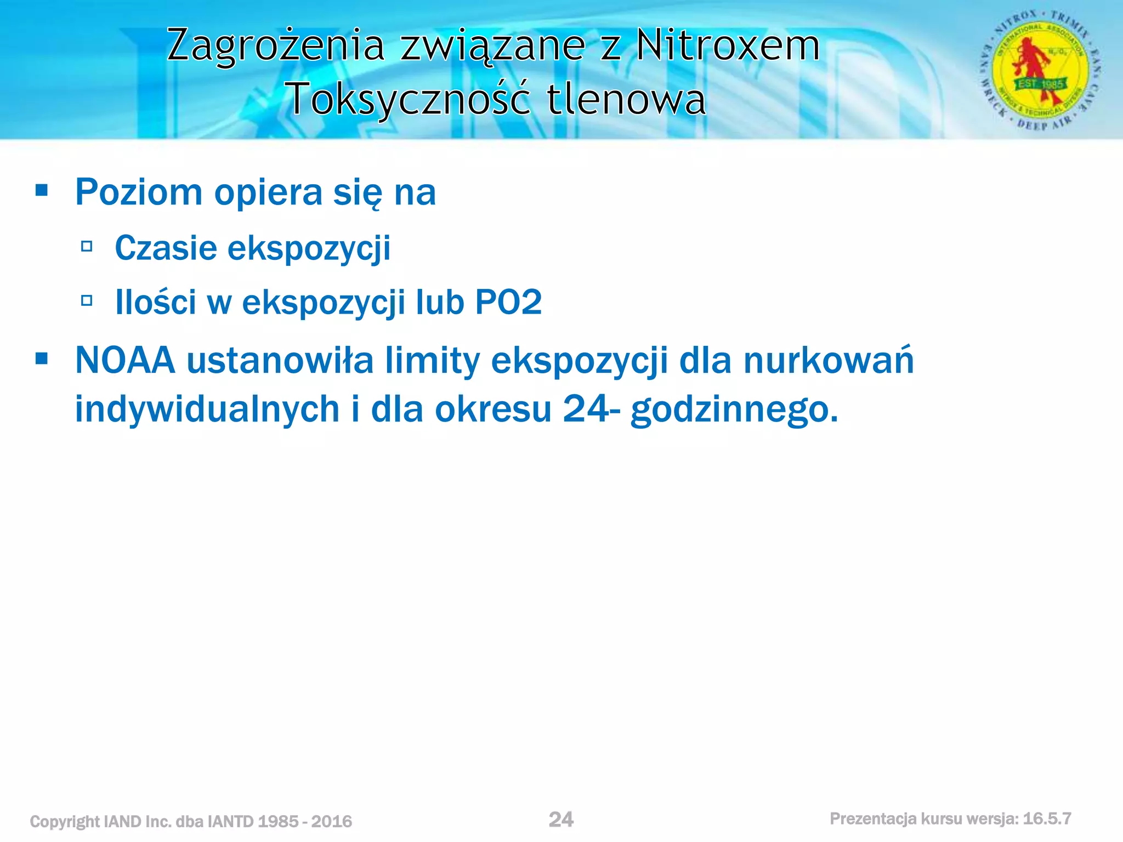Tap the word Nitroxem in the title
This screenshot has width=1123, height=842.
728,45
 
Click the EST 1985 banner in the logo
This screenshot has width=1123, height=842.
1041,84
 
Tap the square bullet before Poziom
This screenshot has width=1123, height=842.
41,191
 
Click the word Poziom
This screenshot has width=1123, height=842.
139,193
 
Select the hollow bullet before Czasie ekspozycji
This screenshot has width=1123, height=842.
87,246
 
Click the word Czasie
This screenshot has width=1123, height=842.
166,248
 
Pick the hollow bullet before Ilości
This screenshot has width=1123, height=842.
87,300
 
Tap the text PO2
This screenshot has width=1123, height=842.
508,302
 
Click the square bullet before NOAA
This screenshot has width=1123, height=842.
41,359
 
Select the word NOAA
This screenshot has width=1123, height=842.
125,361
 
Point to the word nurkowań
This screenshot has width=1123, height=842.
829,361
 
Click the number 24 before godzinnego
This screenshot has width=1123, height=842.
585,409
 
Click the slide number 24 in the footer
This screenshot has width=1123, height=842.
561,820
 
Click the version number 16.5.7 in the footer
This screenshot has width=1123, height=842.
1047,819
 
